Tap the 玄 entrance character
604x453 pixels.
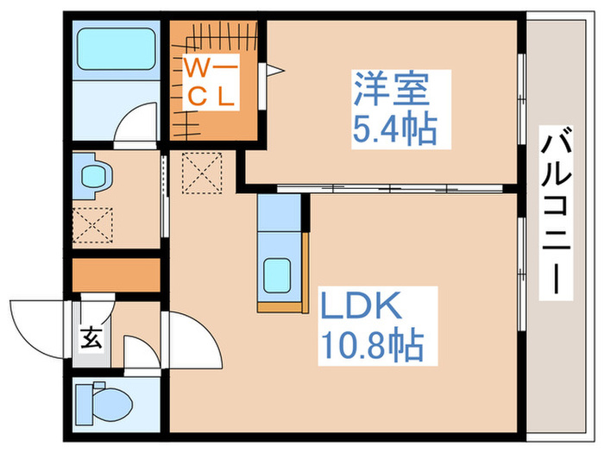[x=91, y=338]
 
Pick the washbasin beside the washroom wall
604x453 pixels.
[x=92, y=177]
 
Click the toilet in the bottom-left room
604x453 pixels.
[x=102, y=401]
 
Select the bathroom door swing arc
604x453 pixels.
[x=136, y=121]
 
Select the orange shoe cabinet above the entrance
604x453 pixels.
[x=116, y=274]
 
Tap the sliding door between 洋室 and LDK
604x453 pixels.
[x=388, y=187]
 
